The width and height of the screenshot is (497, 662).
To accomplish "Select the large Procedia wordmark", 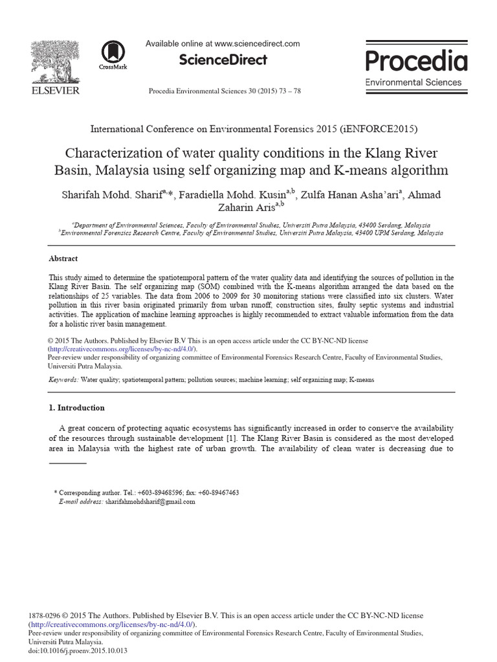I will coord(416,61).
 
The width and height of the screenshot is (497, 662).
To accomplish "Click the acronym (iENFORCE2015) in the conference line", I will coord(375,129).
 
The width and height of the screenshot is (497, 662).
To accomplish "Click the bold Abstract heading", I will coord(63,259).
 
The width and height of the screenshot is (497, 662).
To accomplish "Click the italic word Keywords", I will coord(63,380).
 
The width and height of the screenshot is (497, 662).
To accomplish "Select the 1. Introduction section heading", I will coord(77,408).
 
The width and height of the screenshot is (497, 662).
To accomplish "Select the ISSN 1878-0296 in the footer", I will coord(44,616).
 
